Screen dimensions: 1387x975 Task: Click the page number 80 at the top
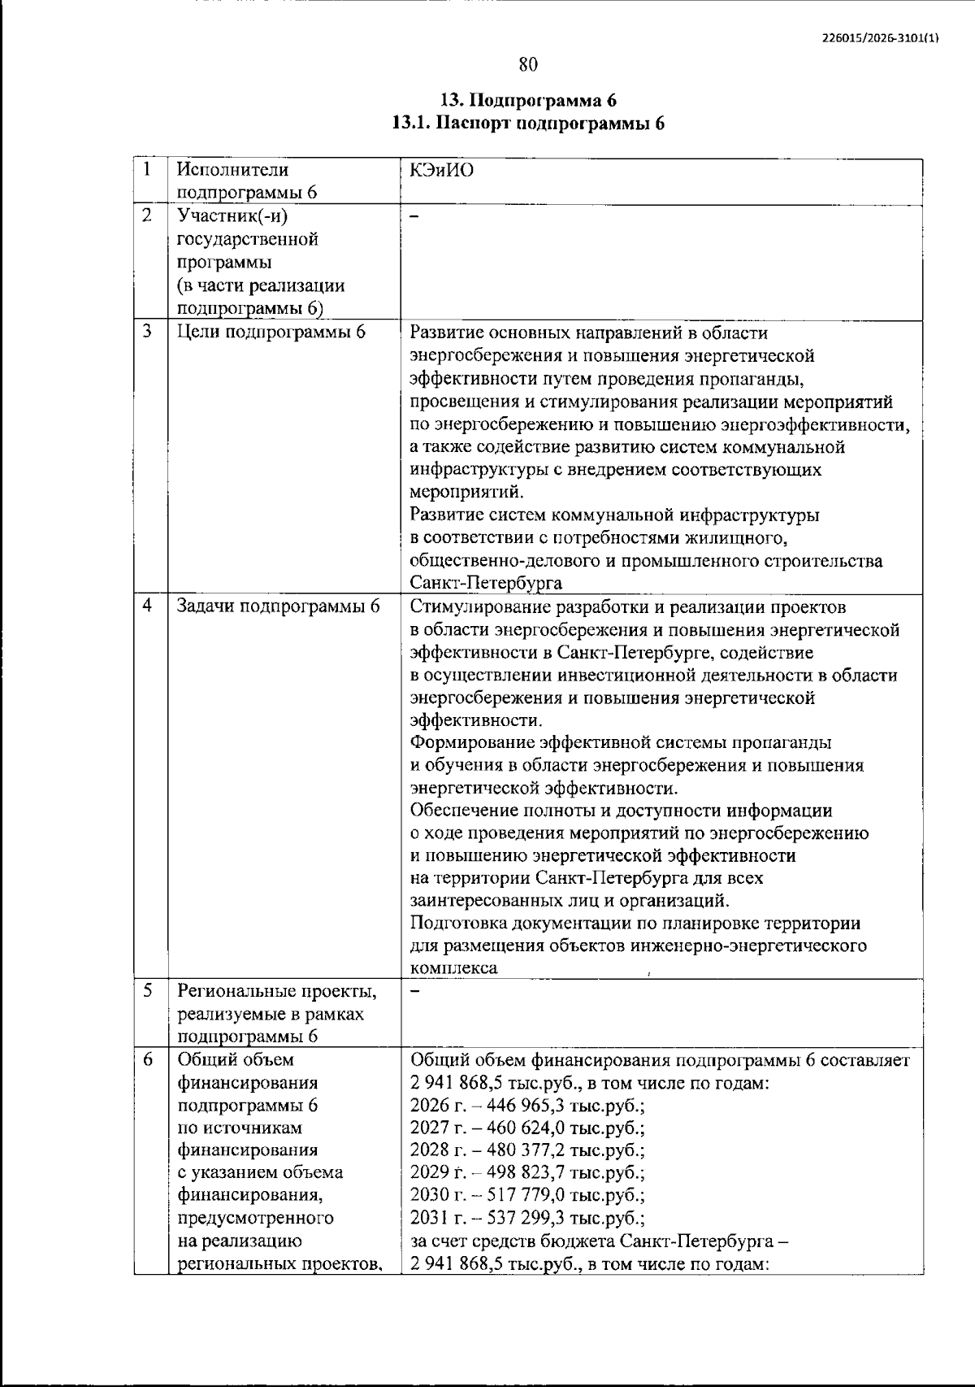528,64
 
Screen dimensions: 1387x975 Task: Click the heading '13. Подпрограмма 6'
528,101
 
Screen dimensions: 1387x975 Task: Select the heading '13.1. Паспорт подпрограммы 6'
528,124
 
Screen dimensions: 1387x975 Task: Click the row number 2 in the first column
147,215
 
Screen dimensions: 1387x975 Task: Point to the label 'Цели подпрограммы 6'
271,333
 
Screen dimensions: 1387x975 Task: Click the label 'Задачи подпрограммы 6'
279,607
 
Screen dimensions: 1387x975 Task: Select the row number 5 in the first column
147,991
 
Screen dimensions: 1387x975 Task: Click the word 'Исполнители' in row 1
232,170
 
